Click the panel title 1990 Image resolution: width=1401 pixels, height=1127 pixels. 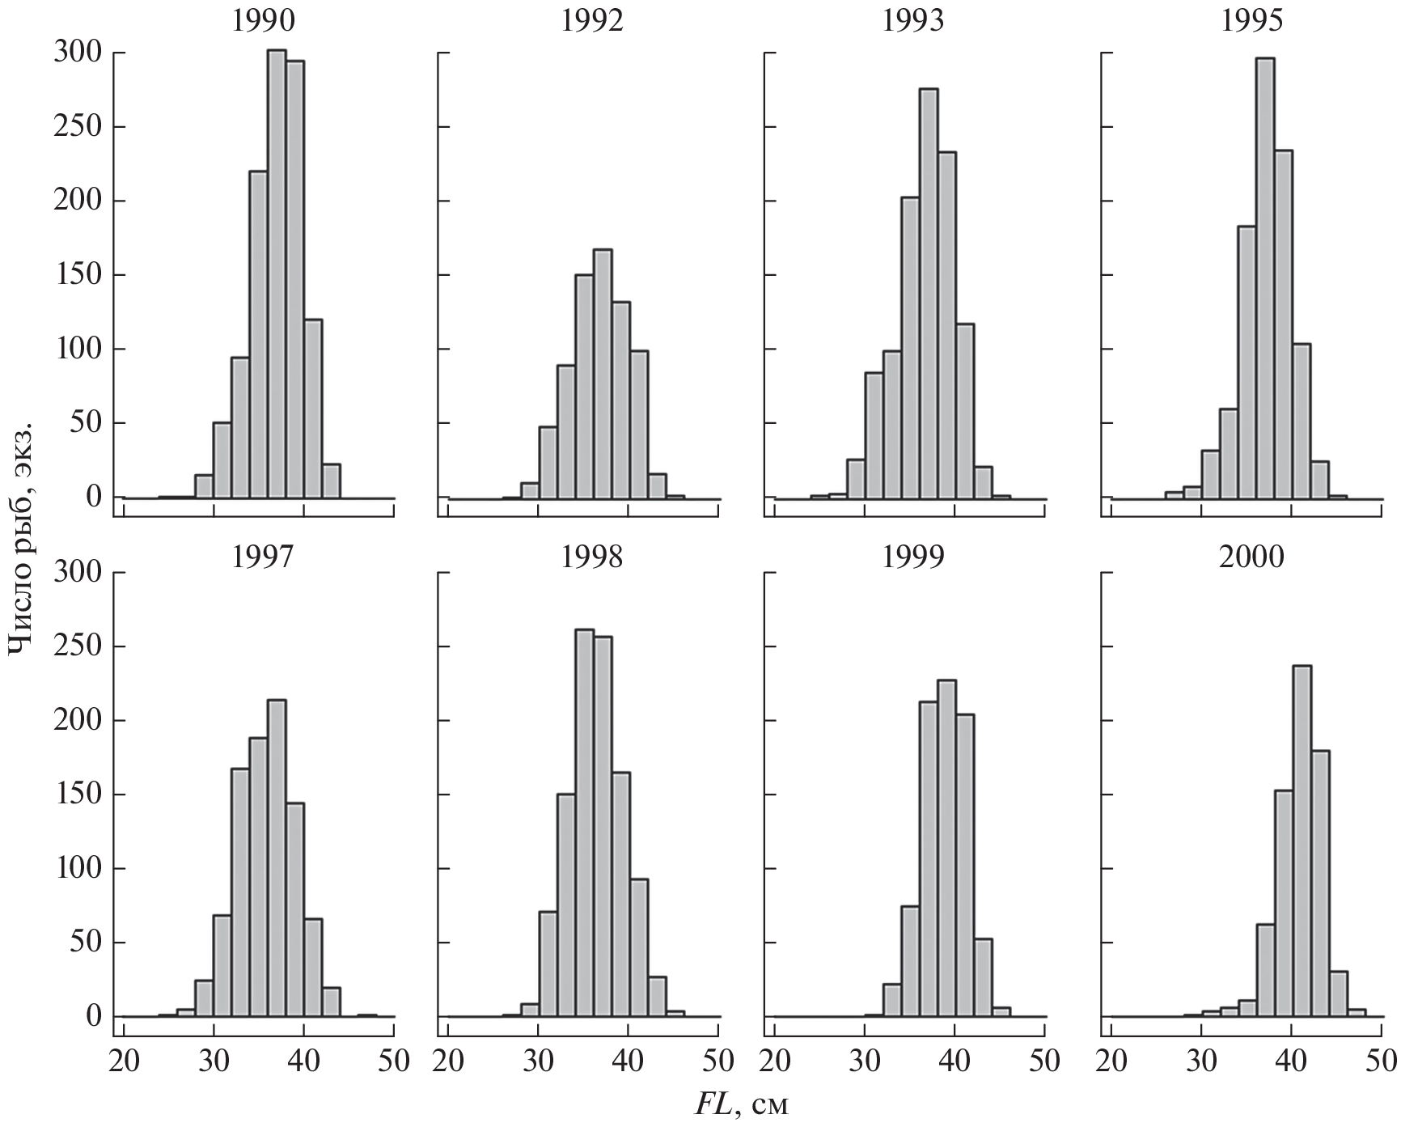(264, 20)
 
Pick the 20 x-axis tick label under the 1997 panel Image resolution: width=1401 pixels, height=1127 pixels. (123, 1061)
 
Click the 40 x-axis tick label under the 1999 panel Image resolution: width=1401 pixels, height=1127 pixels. (954, 1061)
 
